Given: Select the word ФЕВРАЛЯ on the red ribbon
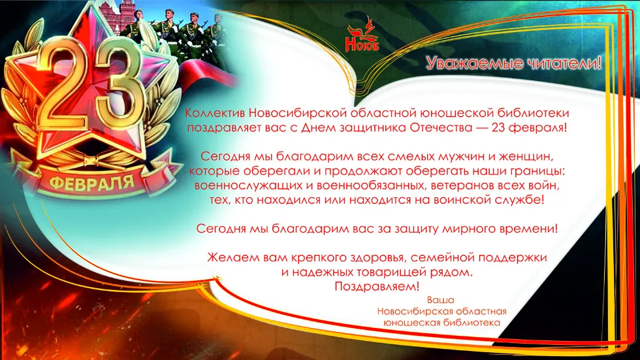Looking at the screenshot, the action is [x=92, y=182].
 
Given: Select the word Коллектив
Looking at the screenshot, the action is [x=215, y=112].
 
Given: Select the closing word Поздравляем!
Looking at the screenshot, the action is [x=377, y=286].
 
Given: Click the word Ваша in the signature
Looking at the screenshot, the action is [x=440, y=300].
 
